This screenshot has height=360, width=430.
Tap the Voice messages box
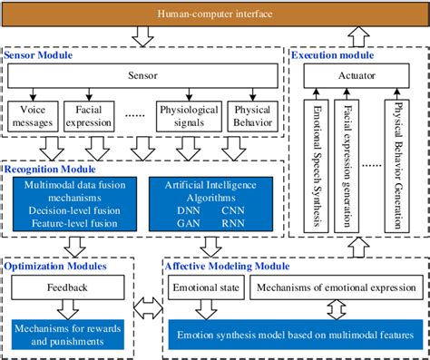point(33,114)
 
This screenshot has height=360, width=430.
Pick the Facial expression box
point(89,114)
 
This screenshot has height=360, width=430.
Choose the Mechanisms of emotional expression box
point(330,288)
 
